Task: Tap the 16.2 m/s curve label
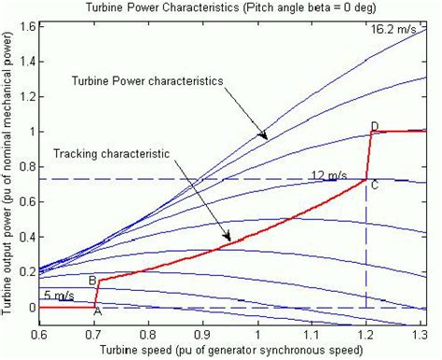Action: point(391,29)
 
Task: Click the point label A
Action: point(98,312)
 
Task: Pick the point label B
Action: point(92,281)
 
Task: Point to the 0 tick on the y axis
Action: point(28,308)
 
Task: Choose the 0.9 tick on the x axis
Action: point(202,333)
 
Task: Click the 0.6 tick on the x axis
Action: point(40,333)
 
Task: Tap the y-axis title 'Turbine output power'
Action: point(8,177)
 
